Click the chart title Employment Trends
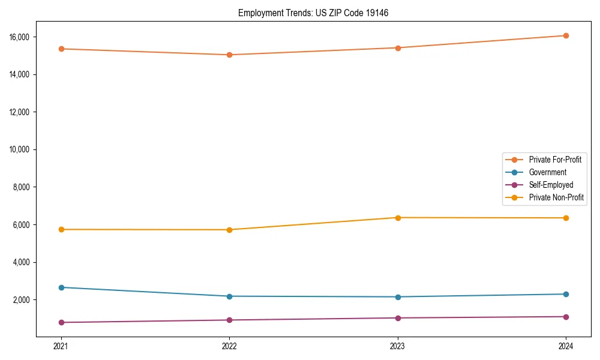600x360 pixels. tap(313, 13)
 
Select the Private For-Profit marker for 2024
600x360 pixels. tap(566, 35)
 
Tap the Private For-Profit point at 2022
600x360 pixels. tap(229, 55)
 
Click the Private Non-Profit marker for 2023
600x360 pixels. tap(398, 217)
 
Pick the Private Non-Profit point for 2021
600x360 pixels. tap(61, 229)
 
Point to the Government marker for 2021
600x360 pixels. tap(61, 287)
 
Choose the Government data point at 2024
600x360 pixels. tap(566, 294)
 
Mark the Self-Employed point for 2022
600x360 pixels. tap(229, 320)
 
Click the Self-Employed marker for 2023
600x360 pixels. tap(398, 318)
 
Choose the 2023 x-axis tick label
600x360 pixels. tap(398, 346)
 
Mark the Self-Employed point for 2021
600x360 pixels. tap(61, 322)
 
